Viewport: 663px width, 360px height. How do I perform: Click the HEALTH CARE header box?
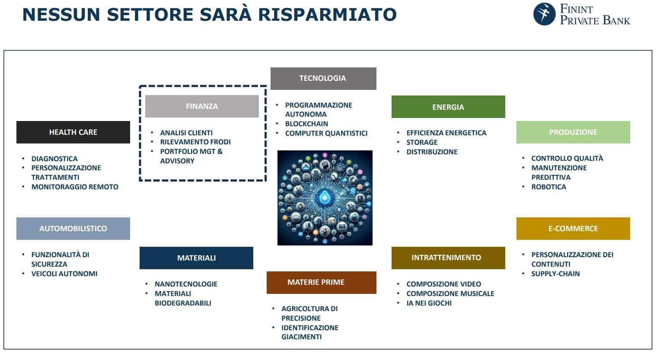tap(73, 132)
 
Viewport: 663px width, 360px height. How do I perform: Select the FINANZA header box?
tap(202, 106)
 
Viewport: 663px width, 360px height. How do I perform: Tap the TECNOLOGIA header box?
tap(323, 78)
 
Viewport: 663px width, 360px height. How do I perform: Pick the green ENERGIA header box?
tap(448, 107)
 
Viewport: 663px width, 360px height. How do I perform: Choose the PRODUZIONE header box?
tap(573, 132)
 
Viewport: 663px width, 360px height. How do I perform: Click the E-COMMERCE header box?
tap(573, 229)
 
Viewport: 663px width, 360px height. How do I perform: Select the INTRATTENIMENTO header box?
tap(448, 258)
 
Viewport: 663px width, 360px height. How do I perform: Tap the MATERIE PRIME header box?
tap(321, 282)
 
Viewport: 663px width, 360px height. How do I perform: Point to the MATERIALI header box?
tap(196, 258)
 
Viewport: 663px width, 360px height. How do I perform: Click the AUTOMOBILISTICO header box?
tap(73, 229)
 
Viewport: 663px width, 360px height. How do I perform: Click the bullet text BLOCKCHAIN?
tap(306, 124)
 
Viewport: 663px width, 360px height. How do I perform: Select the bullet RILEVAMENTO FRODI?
tap(195, 142)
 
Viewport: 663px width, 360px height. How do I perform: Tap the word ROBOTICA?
tap(548, 187)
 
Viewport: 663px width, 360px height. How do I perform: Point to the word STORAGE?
tap(422, 142)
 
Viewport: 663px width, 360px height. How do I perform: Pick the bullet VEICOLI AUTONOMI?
tap(64, 274)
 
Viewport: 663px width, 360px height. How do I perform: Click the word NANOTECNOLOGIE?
tap(186, 284)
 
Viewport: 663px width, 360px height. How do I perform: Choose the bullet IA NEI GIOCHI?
tap(429, 303)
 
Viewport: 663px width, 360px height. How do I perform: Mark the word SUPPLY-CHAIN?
tap(555, 274)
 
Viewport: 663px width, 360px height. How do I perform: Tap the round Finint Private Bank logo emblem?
tap(544, 14)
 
